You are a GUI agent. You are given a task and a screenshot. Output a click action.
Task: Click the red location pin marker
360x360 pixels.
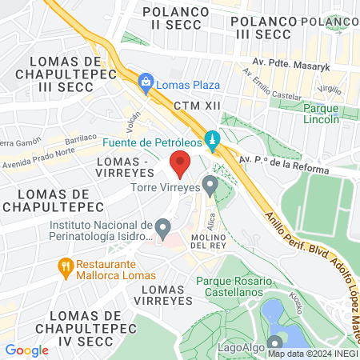click(x=180, y=165)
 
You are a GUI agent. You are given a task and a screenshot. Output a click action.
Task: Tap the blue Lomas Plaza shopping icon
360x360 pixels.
click(x=146, y=82)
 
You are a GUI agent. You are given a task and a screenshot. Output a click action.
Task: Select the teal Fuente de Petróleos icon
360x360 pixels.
click(x=212, y=141)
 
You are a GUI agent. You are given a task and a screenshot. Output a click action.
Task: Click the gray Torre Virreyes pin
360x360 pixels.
click(x=210, y=186)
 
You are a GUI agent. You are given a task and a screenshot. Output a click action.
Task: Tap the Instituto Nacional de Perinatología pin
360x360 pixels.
click(x=162, y=230)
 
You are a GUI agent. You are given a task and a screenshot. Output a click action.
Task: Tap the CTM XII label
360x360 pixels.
click(x=195, y=105)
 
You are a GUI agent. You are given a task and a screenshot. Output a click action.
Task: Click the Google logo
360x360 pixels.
click(x=27, y=350)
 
